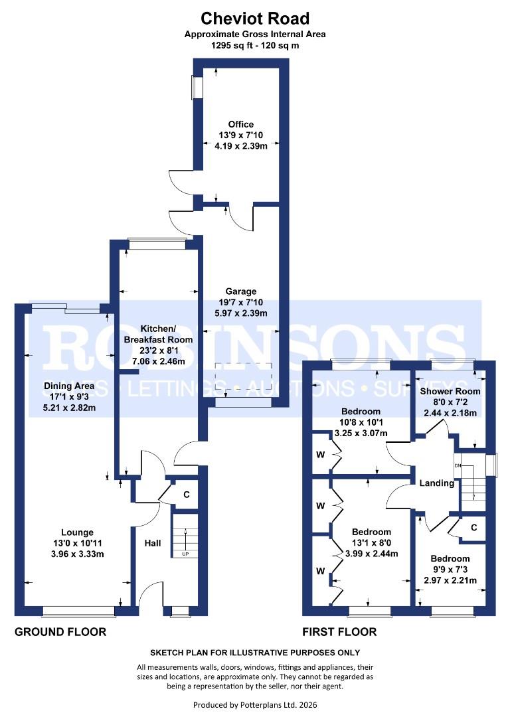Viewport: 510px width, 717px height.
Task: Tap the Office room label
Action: pos(240,124)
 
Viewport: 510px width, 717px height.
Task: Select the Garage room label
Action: pos(240,291)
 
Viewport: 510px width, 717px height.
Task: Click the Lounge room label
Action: pos(77,532)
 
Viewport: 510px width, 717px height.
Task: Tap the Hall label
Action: pos(153,543)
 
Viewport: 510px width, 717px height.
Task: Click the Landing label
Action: pos(436,483)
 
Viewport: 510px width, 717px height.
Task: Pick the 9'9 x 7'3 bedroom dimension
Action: pos(450,570)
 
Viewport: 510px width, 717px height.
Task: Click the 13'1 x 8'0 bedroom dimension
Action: pos(371,543)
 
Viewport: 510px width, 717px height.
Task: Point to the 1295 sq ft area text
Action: pos(254,46)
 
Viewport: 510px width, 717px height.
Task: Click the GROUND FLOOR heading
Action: pos(60,632)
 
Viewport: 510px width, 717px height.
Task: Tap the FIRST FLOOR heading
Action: pos(339,632)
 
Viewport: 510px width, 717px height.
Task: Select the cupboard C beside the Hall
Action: pos(186,494)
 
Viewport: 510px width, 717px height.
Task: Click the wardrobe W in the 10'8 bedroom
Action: pos(320,455)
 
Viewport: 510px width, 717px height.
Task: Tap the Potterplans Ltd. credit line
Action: pos(254,704)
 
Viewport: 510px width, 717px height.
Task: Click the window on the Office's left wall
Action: pos(197,88)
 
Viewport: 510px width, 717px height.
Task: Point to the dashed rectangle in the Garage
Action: pos(244,376)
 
